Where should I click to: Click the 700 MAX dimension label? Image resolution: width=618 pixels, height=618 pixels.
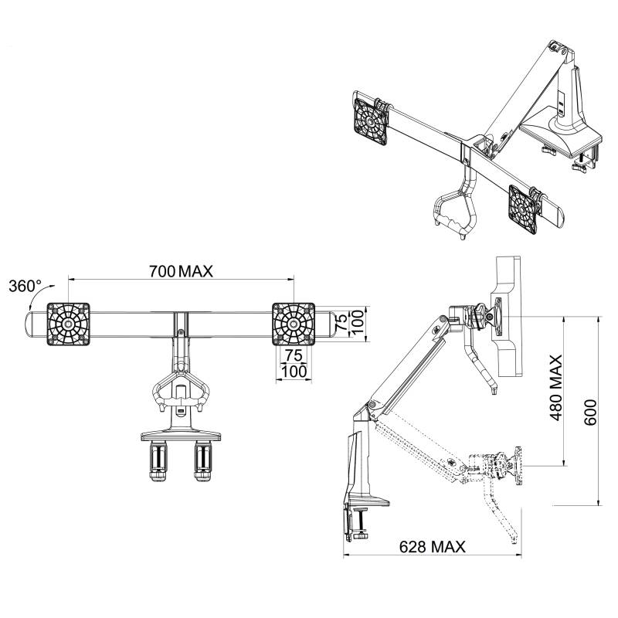pos(181,271)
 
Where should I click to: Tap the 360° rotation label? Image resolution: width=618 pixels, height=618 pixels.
pos(25,286)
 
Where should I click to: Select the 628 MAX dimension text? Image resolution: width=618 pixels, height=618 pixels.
pos(432,547)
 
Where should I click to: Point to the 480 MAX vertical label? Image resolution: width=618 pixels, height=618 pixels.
pos(555,388)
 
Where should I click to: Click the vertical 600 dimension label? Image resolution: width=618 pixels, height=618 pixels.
pos(589,413)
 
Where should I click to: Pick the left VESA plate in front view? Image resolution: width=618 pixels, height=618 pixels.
pos(69,324)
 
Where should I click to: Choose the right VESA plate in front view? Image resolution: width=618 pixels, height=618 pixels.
pos(294,324)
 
